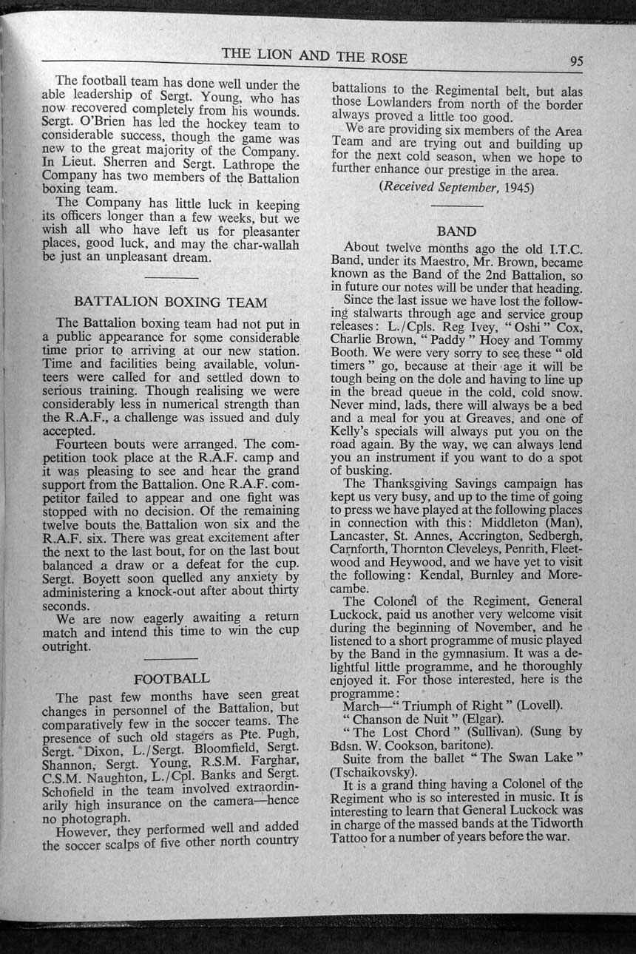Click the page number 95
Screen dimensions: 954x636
[576, 61]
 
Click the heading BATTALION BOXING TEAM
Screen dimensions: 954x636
[171, 302]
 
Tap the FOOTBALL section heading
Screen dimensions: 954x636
[172, 677]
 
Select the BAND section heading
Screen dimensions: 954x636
[456, 231]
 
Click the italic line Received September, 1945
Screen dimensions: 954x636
[456, 187]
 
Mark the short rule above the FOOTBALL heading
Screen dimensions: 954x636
[172, 657]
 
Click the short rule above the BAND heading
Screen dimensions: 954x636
[456, 212]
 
